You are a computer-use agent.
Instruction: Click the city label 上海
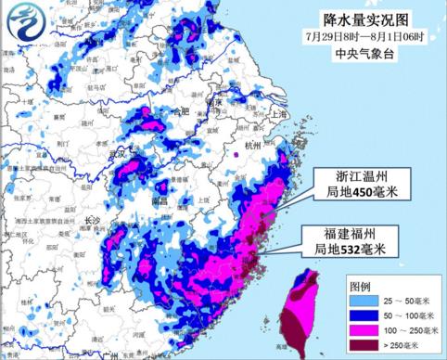(x=280, y=113)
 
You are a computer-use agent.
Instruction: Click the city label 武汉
(x=118, y=153)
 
